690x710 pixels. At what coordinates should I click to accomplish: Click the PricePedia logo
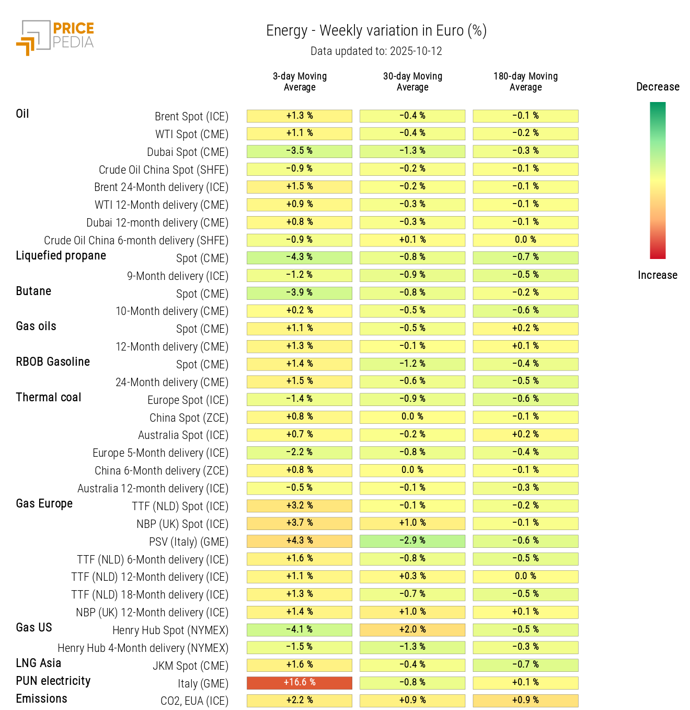(x=55, y=37)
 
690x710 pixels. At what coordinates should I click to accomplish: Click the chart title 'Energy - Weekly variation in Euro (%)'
(x=376, y=31)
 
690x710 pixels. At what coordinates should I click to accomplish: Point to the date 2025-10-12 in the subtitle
(x=416, y=51)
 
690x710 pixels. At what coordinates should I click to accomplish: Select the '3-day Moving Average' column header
(x=300, y=82)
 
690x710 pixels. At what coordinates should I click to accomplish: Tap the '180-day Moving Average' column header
(x=525, y=82)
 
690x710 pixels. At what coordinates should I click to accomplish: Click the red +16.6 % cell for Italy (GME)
(x=300, y=683)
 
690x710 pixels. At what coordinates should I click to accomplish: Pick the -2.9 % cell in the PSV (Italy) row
(x=412, y=541)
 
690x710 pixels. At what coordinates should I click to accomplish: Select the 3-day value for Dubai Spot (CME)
(x=300, y=151)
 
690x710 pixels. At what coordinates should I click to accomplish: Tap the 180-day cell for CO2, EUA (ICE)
(x=525, y=701)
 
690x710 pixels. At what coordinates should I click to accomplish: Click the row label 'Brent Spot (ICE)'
(x=191, y=117)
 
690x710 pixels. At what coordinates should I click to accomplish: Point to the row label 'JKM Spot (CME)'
(x=190, y=666)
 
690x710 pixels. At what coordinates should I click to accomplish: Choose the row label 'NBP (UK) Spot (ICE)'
(x=182, y=524)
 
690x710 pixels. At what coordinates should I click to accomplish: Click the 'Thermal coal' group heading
(x=49, y=398)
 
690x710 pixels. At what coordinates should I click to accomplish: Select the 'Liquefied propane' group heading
(x=61, y=256)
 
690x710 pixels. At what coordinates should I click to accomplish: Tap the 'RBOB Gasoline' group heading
(x=53, y=362)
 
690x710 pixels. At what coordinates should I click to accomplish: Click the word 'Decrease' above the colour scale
(x=658, y=87)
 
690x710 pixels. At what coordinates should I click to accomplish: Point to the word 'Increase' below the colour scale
(x=657, y=275)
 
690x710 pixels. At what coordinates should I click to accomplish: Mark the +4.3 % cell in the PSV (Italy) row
(x=300, y=541)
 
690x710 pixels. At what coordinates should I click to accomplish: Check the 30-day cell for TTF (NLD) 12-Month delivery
(x=412, y=577)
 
